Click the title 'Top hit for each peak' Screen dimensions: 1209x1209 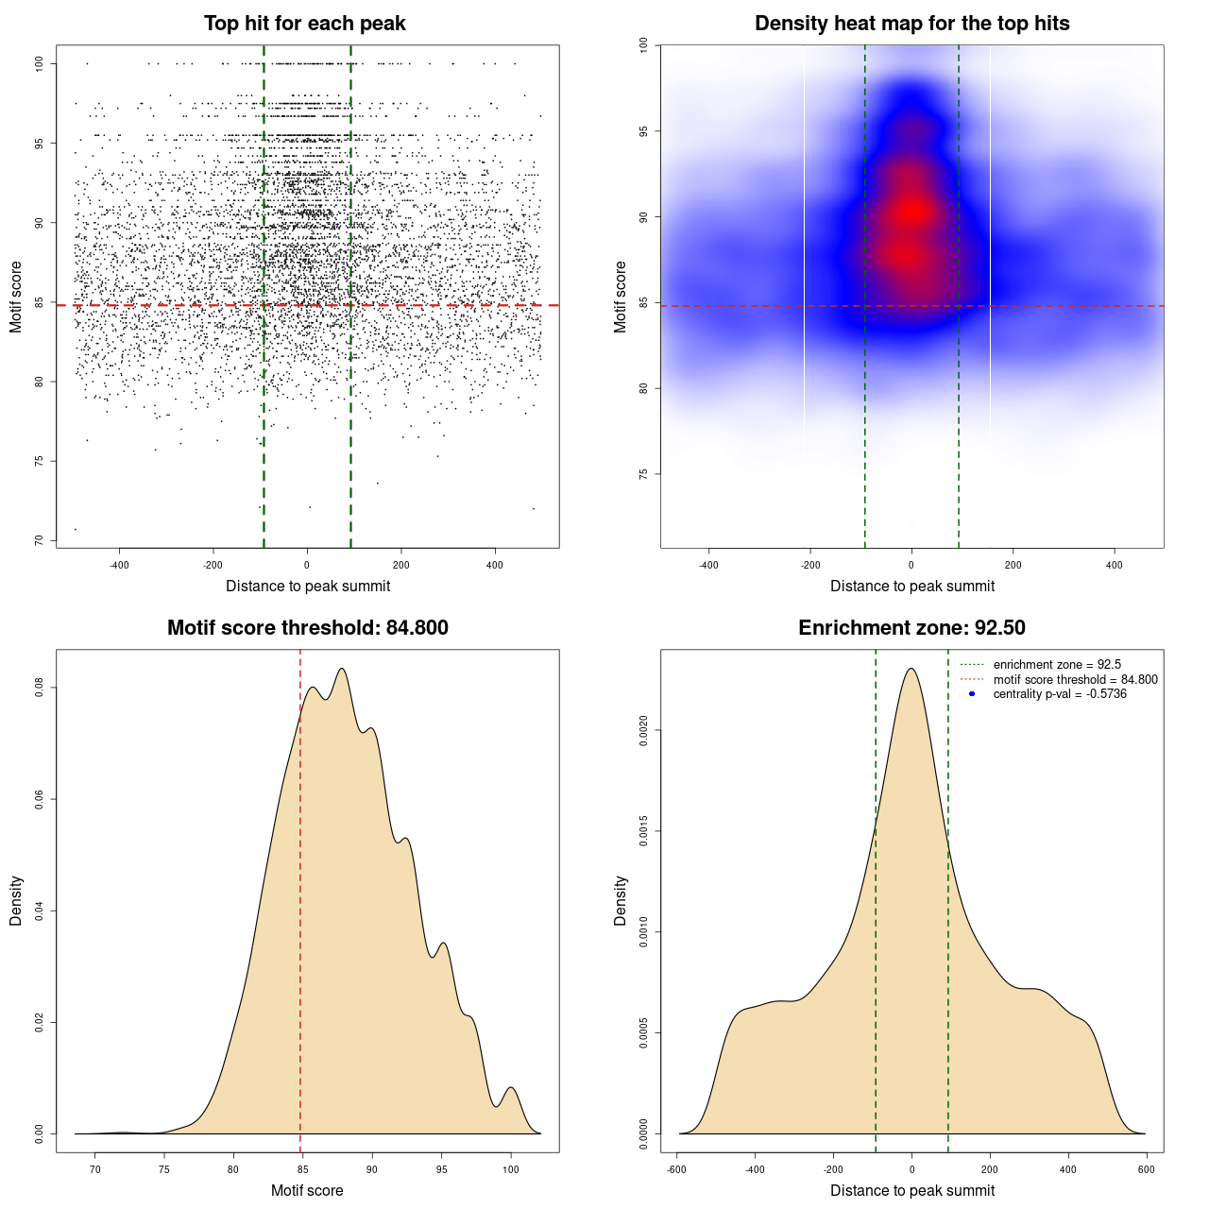(304, 24)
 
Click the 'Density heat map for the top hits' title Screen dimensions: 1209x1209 (911, 24)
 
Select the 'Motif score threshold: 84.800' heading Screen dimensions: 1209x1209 (307, 628)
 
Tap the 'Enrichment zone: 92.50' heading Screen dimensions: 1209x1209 (911, 628)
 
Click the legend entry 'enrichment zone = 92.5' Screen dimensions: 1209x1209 (1057, 665)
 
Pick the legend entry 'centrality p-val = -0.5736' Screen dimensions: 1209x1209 (1060, 694)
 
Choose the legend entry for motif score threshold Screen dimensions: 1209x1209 (1075, 680)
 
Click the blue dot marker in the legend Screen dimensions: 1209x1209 (972, 694)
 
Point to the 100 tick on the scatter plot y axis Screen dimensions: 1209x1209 (40, 63)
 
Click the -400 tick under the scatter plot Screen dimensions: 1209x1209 (119, 565)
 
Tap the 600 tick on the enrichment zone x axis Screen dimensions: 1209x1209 (1146, 1169)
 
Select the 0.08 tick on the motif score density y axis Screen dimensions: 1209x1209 (40, 689)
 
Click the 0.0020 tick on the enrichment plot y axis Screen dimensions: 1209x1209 (644, 730)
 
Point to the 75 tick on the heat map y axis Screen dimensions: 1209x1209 (644, 474)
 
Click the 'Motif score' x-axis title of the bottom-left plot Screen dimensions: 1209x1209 (307, 1190)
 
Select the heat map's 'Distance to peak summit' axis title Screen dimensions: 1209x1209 (911, 586)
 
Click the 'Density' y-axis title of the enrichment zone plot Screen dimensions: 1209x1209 (621, 900)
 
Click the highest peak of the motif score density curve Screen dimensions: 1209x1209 (342, 669)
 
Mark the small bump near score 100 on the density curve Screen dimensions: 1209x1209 (511, 1088)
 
